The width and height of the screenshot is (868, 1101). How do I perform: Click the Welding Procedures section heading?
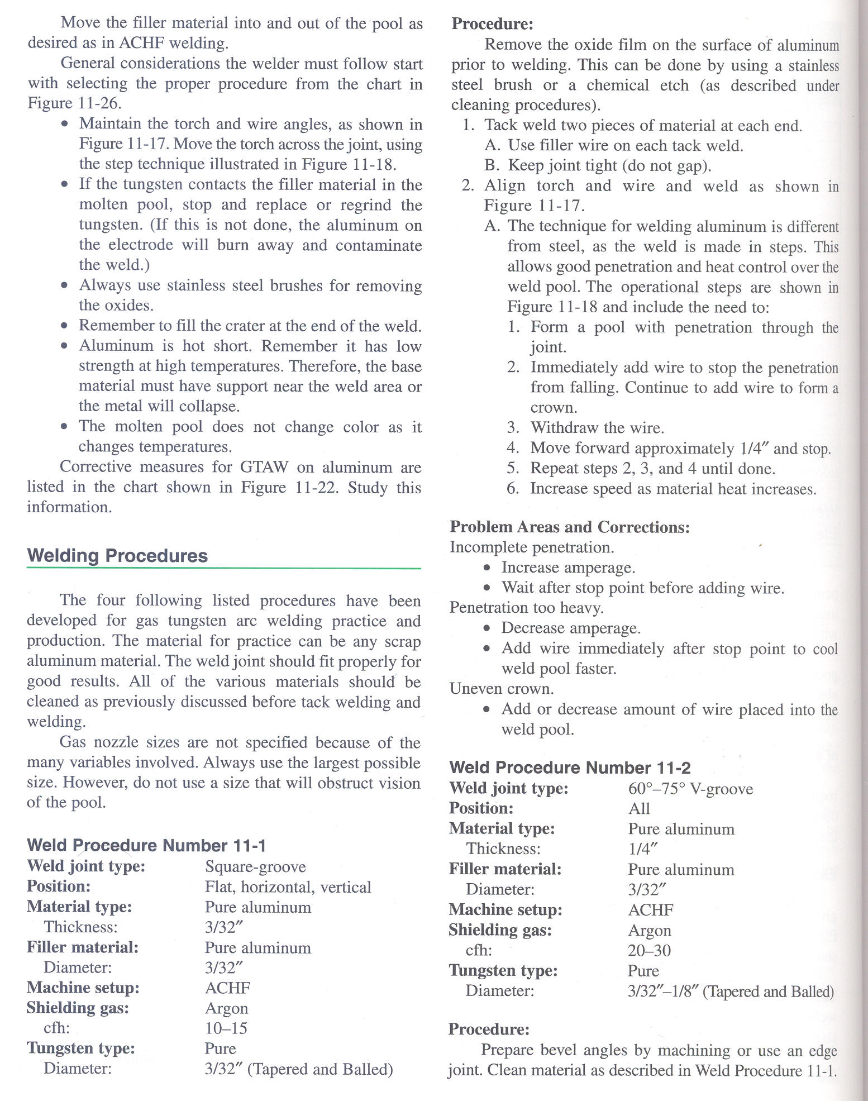pos(117,556)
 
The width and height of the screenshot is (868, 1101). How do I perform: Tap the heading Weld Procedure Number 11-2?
pos(570,768)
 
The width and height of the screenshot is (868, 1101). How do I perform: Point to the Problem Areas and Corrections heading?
pos(570,527)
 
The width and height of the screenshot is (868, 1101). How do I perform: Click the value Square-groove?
pos(255,866)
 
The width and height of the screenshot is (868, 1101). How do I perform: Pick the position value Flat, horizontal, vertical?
pos(288,887)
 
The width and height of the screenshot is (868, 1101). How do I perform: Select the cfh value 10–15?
pos(226,1028)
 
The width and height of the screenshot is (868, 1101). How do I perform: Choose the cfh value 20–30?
pos(649,950)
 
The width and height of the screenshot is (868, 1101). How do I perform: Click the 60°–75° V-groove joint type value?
pos(690,789)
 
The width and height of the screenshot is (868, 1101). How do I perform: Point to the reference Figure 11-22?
pos(289,487)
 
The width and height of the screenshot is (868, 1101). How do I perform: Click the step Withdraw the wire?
pos(597,428)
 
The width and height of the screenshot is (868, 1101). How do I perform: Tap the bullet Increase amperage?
pos(568,568)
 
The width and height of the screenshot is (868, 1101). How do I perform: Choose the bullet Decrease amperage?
pos(570,628)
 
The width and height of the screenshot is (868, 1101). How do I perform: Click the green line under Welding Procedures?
pos(223,569)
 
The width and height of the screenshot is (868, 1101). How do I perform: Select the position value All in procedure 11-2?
pos(639,809)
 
